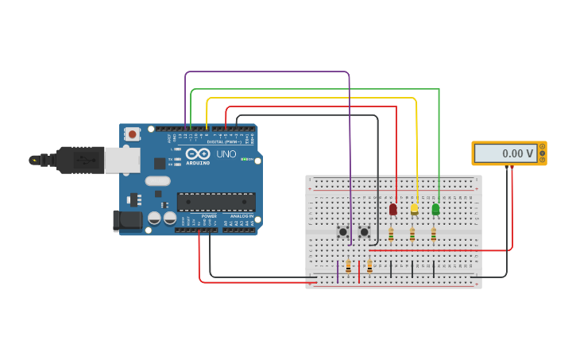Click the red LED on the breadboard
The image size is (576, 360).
(x=392, y=209)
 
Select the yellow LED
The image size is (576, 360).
(x=414, y=209)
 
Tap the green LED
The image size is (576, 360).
(x=435, y=209)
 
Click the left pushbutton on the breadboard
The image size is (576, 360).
(x=342, y=232)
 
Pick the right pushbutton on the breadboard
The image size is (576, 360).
(x=364, y=232)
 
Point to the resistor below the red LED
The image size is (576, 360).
(x=391, y=234)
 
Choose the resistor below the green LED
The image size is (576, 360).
(x=434, y=234)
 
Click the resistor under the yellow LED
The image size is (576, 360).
(x=412, y=234)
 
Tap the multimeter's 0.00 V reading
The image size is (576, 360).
(x=506, y=153)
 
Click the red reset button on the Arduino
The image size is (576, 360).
(x=132, y=134)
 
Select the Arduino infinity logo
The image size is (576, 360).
(x=198, y=153)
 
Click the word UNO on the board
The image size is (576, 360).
(x=226, y=153)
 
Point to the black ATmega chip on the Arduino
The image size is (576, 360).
(x=215, y=202)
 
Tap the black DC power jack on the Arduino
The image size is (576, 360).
(x=126, y=220)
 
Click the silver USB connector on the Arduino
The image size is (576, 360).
(x=122, y=161)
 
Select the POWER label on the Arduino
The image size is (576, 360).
(x=209, y=215)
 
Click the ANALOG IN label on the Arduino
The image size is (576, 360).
(x=242, y=215)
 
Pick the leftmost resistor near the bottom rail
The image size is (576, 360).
(x=348, y=267)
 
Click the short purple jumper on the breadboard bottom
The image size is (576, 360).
(x=338, y=272)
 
